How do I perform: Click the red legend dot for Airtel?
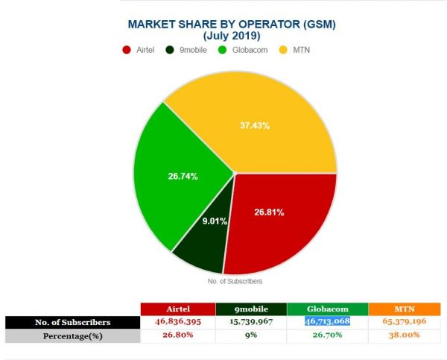pos(126,50)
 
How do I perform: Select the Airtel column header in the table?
pos(177,309)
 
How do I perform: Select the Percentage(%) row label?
pos(72,335)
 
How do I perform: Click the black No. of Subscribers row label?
pos(72,322)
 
